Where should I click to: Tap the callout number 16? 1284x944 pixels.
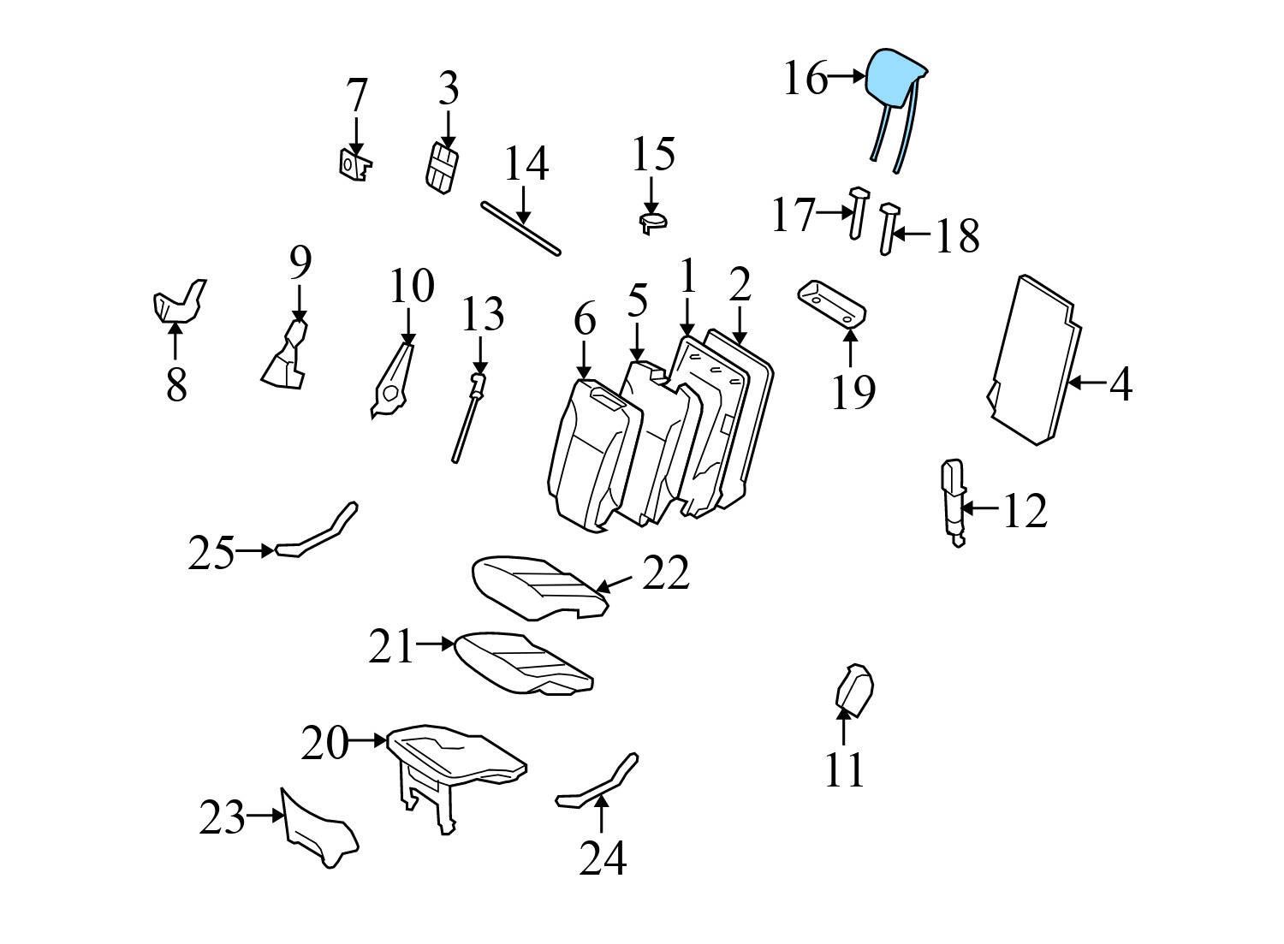[x=805, y=78]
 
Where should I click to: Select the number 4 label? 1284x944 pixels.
[x=1121, y=384]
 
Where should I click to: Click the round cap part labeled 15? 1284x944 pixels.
[x=652, y=223]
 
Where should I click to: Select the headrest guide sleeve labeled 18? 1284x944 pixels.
[x=888, y=229]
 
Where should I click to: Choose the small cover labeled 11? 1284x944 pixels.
[x=853, y=689]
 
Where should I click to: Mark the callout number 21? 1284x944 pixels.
[x=391, y=646]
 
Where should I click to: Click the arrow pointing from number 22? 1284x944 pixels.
[x=615, y=584]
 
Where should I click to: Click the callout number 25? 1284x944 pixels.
[x=211, y=553]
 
